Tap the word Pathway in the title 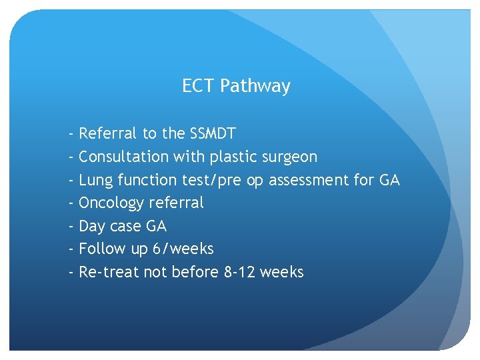pos(255,87)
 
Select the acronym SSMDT pos(213,133)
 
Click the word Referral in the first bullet pos(108,133)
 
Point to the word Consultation pos(124,157)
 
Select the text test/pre pos(213,180)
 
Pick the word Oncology pos(111,203)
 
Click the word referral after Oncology pos(177,203)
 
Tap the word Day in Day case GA pos(92,227)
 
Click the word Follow pos(100,249)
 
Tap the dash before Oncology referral pos(71,203)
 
